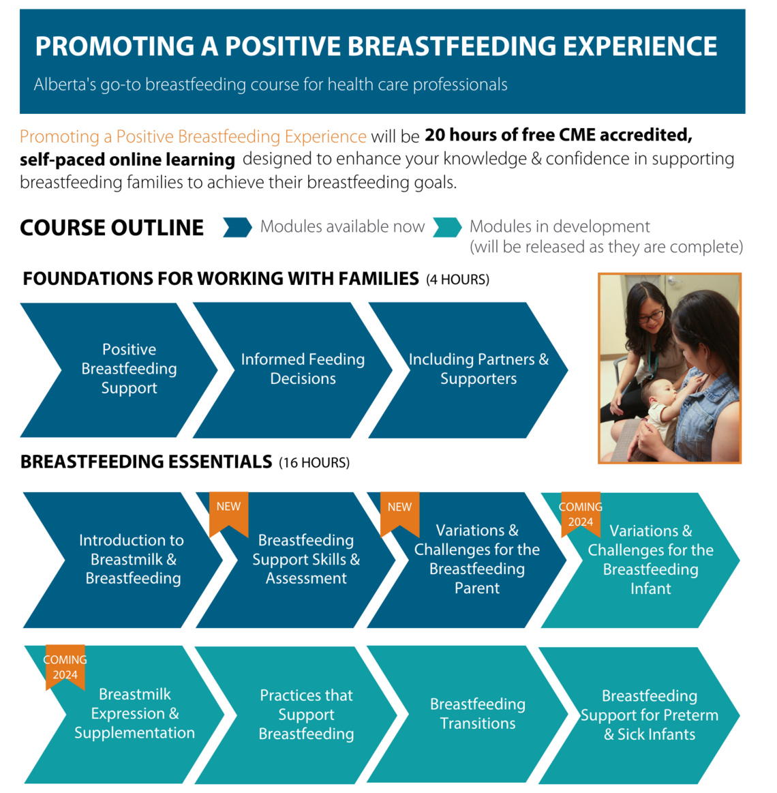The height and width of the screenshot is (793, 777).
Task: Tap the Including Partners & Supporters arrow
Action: click(478, 369)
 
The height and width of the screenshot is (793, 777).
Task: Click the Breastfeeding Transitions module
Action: click(477, 714)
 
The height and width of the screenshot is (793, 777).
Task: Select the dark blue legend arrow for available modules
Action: click(237, 227)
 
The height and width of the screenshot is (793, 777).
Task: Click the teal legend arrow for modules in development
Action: click(447, 227)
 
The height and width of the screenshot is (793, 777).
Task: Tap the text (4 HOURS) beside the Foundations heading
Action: click(457, 280)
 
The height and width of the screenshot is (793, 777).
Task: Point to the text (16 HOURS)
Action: click(314, 463)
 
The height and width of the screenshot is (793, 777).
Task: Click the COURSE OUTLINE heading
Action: click(112, 228)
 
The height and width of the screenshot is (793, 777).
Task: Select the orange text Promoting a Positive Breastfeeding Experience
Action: click(193, 136)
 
